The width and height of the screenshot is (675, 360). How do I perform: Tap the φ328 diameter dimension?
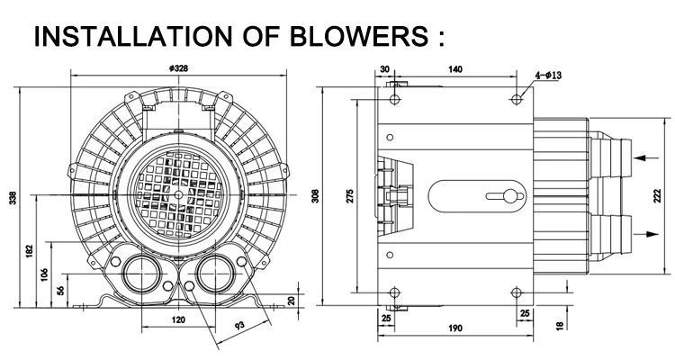click(x=179, y=68)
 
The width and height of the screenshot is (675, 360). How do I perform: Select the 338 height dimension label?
click(x=13, y=197)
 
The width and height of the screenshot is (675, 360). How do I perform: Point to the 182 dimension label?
click(x=30, y=251)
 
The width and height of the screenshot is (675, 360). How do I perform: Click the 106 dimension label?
click(x=44, y=274)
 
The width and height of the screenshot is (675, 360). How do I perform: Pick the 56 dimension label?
click(x=60, y=290)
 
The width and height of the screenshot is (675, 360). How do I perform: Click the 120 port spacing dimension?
click(x=178, y=319)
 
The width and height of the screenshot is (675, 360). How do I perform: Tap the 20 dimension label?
click(x=292, y=300)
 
